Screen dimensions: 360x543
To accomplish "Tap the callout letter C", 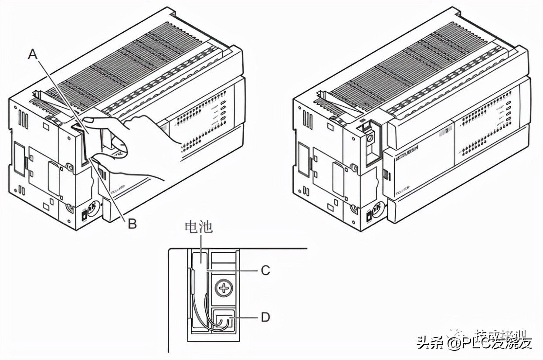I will point(265,270).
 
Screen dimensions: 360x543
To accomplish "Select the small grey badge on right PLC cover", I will point(445,132).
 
